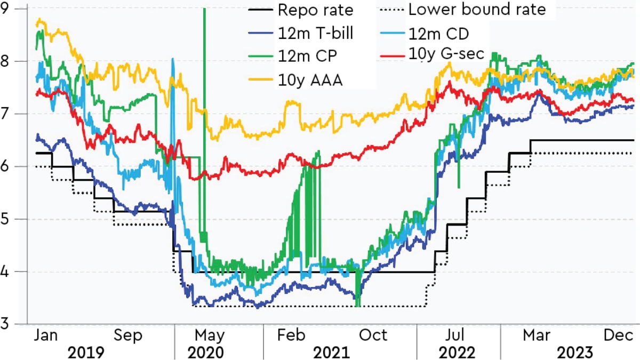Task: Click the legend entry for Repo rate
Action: (x=315, y=11)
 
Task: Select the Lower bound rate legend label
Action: (x=476, y=10)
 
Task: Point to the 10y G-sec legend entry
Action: (x=446, y=53)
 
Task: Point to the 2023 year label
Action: (x=574, y=352)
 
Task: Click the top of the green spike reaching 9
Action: (x=204, y=10)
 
